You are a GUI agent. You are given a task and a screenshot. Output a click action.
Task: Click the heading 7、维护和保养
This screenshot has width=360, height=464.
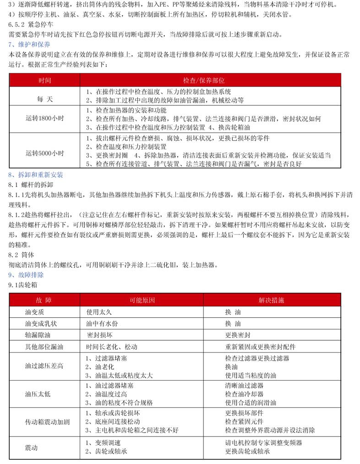coord(30,44)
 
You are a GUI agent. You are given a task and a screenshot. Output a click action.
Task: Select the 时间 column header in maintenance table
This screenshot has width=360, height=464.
coord(45,80)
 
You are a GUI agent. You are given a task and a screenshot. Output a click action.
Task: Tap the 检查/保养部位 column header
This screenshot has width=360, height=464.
coord(210,80)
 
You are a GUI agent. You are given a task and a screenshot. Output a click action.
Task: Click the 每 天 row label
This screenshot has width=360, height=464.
coord(45,99)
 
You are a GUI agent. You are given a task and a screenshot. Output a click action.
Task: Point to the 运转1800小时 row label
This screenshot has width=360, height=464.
coord(45,118)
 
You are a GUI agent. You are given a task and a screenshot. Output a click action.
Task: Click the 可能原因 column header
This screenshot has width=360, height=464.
coord(142,300)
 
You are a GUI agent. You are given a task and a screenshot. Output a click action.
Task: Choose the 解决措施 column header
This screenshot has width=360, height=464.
coord(271,300)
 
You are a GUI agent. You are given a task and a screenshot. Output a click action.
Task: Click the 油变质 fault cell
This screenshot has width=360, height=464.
coord(35,312)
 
